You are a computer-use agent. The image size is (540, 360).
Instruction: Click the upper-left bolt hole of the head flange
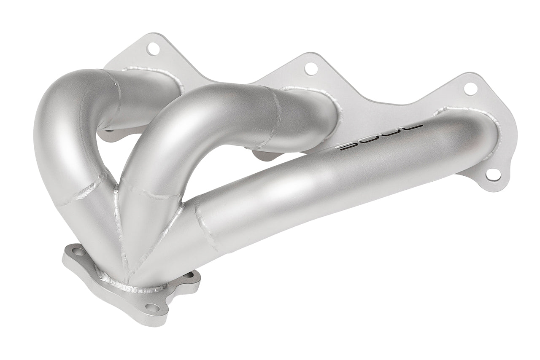153,48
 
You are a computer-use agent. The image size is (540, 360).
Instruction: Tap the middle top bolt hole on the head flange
311,68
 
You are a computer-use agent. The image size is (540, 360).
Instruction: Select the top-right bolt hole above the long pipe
470,89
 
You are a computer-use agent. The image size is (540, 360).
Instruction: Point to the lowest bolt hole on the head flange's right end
493,175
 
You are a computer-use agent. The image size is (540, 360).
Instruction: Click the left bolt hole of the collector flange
78,253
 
